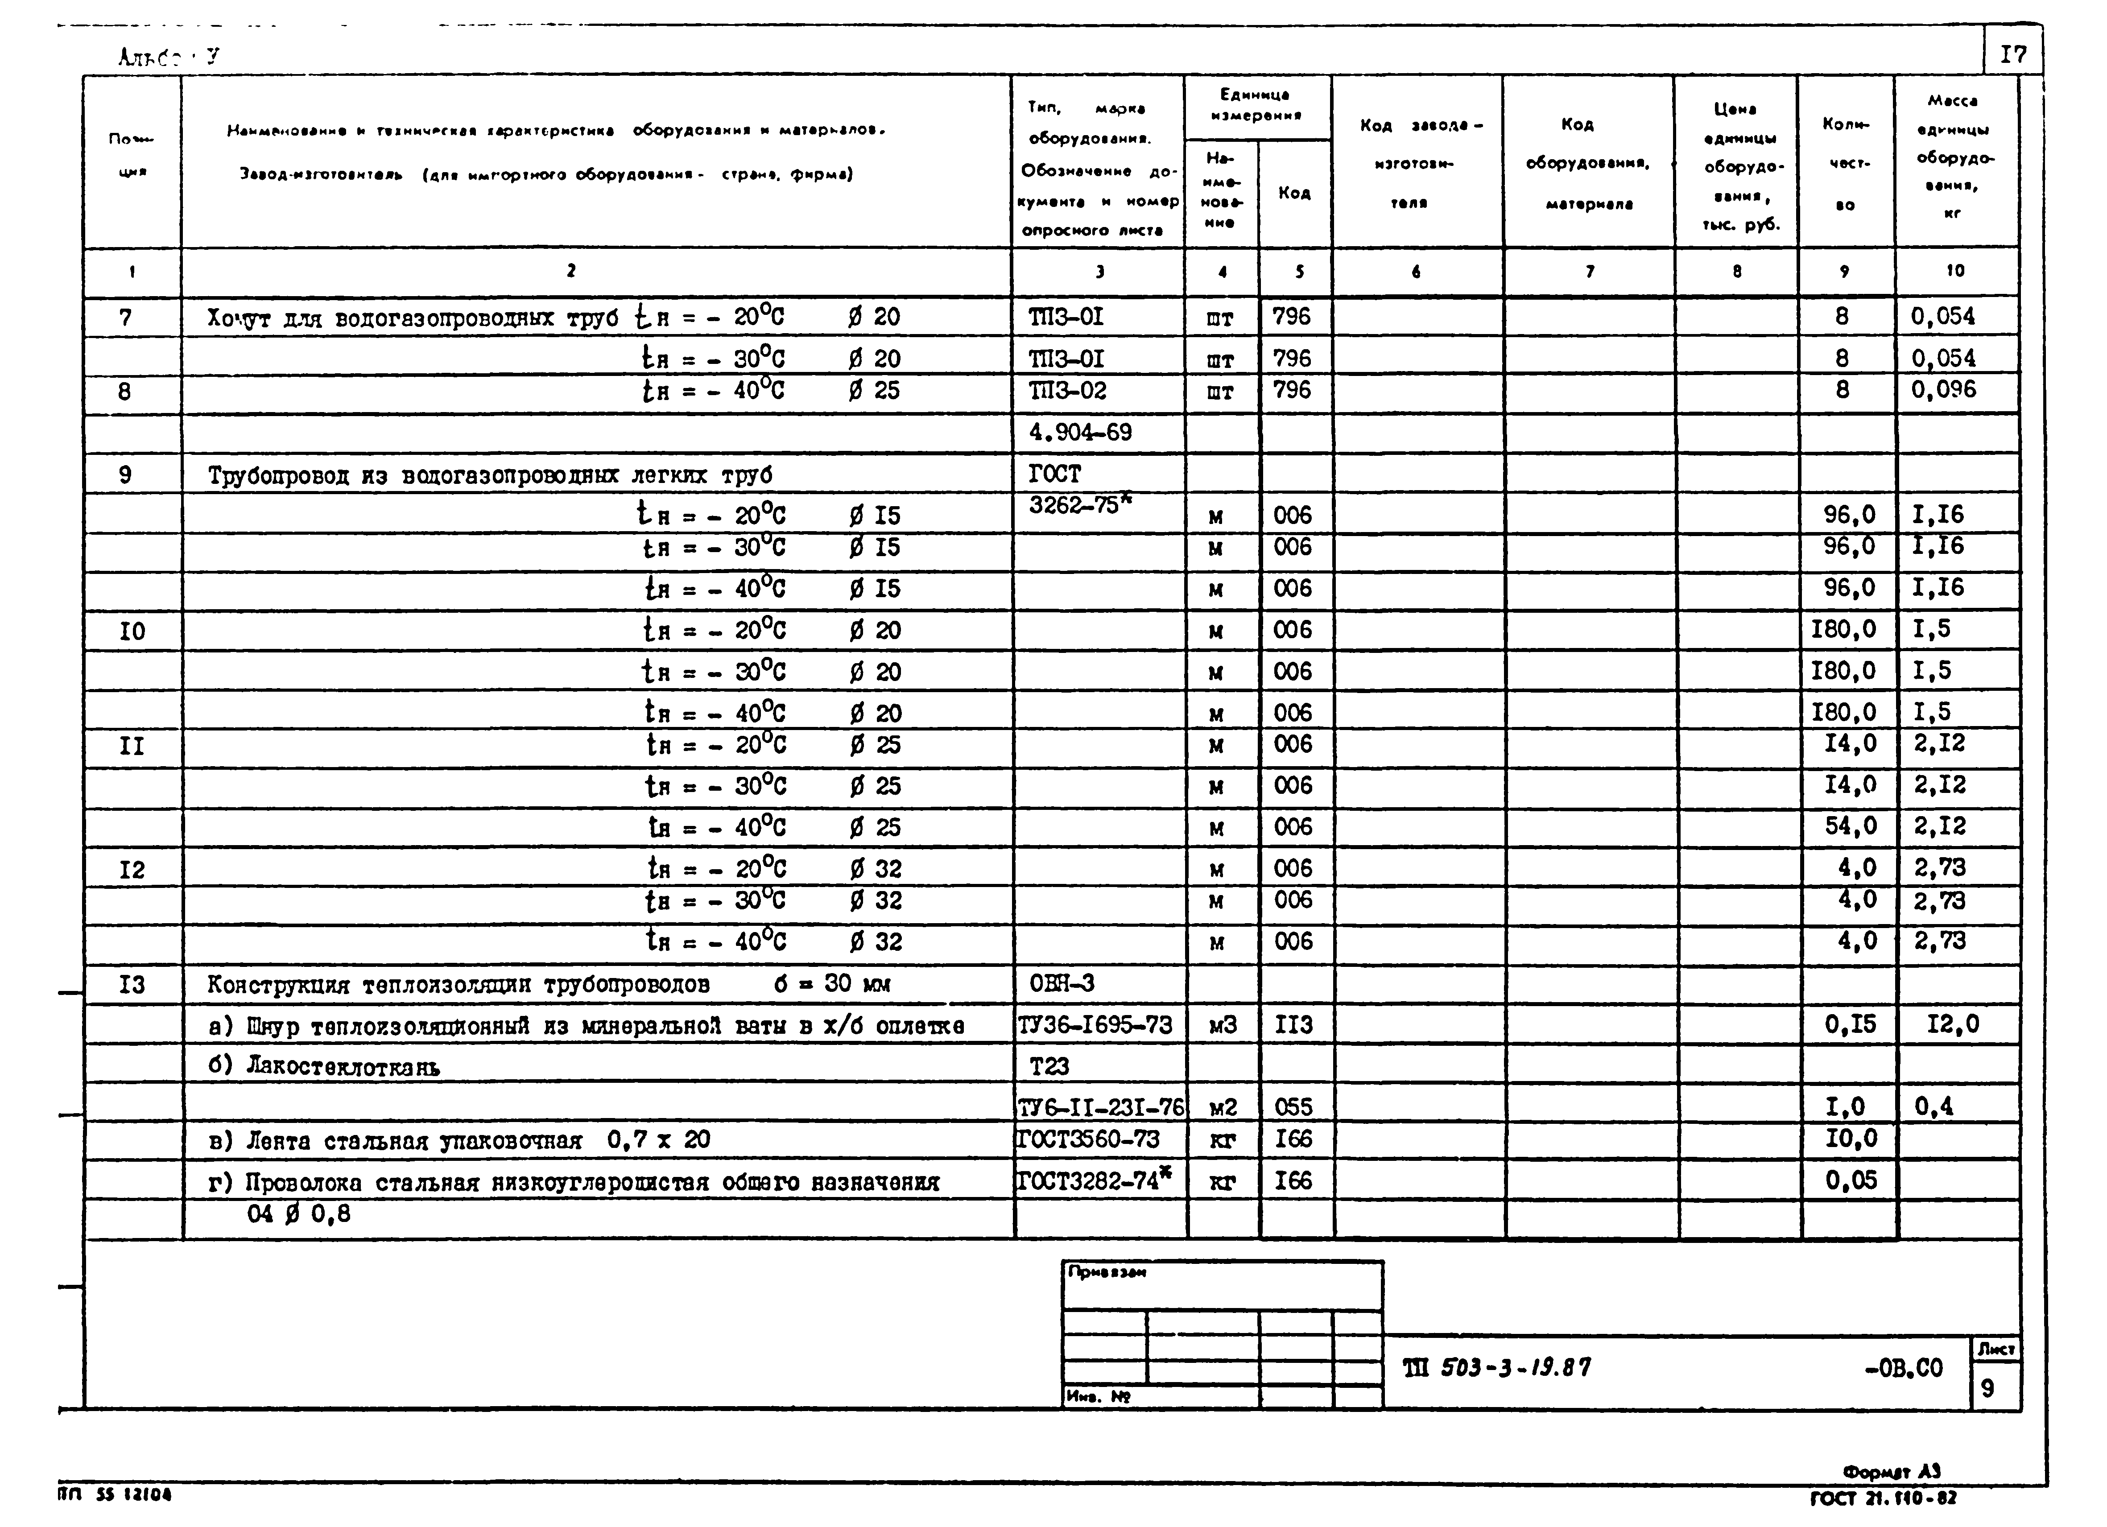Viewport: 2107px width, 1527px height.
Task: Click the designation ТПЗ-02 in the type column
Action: pyautogui.click(x=1067, y=390)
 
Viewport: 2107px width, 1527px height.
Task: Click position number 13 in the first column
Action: pyautogui.click(x=132, y=985)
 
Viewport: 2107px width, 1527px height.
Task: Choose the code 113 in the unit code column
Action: pyautogui.click(x=1293, y=1024)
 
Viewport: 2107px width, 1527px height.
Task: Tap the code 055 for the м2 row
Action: pyautogui.click(x=1293, y=1106)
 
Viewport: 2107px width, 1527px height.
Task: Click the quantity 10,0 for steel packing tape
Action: pyautogui.click(x=1851, y=1139)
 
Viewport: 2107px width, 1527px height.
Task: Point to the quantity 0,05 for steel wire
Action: pyautogui.click(x=1851, y=1180)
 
